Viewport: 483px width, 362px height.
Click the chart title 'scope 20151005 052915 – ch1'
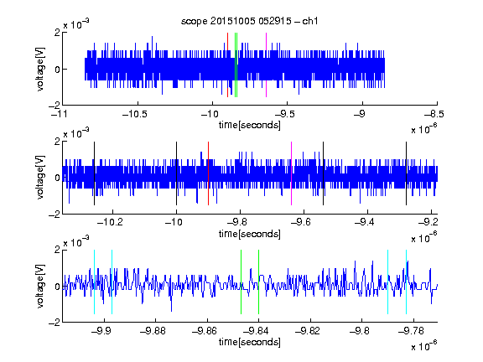249,21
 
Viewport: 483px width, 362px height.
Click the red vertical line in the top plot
227,65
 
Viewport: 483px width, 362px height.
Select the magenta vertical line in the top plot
266,65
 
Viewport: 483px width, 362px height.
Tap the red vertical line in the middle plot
208,173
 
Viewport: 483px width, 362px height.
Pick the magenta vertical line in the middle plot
292,173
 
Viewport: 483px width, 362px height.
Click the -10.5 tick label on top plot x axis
135,114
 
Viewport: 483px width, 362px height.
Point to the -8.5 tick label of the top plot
434,114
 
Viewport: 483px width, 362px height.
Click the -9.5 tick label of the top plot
284,114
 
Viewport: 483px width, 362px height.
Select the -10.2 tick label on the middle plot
110,222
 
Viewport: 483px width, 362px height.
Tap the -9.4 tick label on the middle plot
365,222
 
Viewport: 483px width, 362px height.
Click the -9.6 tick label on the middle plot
301,222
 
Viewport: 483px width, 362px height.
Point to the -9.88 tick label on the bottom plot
153,331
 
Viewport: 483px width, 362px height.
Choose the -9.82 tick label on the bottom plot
308,331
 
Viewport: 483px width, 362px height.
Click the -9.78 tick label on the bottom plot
411,331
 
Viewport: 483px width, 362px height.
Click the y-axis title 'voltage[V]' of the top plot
40,69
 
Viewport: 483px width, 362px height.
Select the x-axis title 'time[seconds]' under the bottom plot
250,342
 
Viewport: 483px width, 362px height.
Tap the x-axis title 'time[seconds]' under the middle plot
250,234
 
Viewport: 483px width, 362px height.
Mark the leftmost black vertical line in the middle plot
94,173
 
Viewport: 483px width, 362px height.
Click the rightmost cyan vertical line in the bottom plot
407,282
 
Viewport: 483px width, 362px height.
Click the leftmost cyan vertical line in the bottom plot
94,282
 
